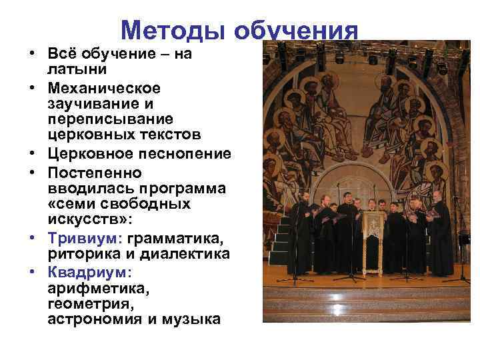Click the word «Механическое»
click(x=104, y=88)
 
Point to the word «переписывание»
click(x=111, y=119)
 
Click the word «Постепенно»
click(x=94, y=173)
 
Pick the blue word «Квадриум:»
click(x=90, y=272)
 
